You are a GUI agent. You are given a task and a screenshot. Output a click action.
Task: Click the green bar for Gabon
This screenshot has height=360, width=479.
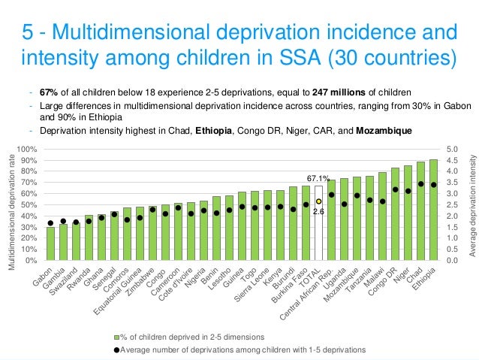click(x=50, y=244)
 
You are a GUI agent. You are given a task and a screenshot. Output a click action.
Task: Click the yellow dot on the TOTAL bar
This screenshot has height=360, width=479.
click(x=318, y=201)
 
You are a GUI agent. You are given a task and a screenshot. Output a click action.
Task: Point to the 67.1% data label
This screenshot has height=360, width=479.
click(x=318, y=179)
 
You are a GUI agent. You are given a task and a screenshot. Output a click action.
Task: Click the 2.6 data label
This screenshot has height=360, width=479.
click(x=318, y=212)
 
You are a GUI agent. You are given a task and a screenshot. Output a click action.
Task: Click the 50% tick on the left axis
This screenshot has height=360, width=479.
click(x=30, y=204)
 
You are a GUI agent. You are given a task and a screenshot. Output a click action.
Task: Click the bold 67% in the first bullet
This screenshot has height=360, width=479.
click(x=48, y=92)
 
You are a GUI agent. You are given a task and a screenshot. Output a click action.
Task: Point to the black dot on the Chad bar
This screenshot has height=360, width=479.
click(x=420, y=184)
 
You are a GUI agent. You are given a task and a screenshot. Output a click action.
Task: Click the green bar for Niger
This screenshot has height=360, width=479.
click(x=408, y=213)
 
